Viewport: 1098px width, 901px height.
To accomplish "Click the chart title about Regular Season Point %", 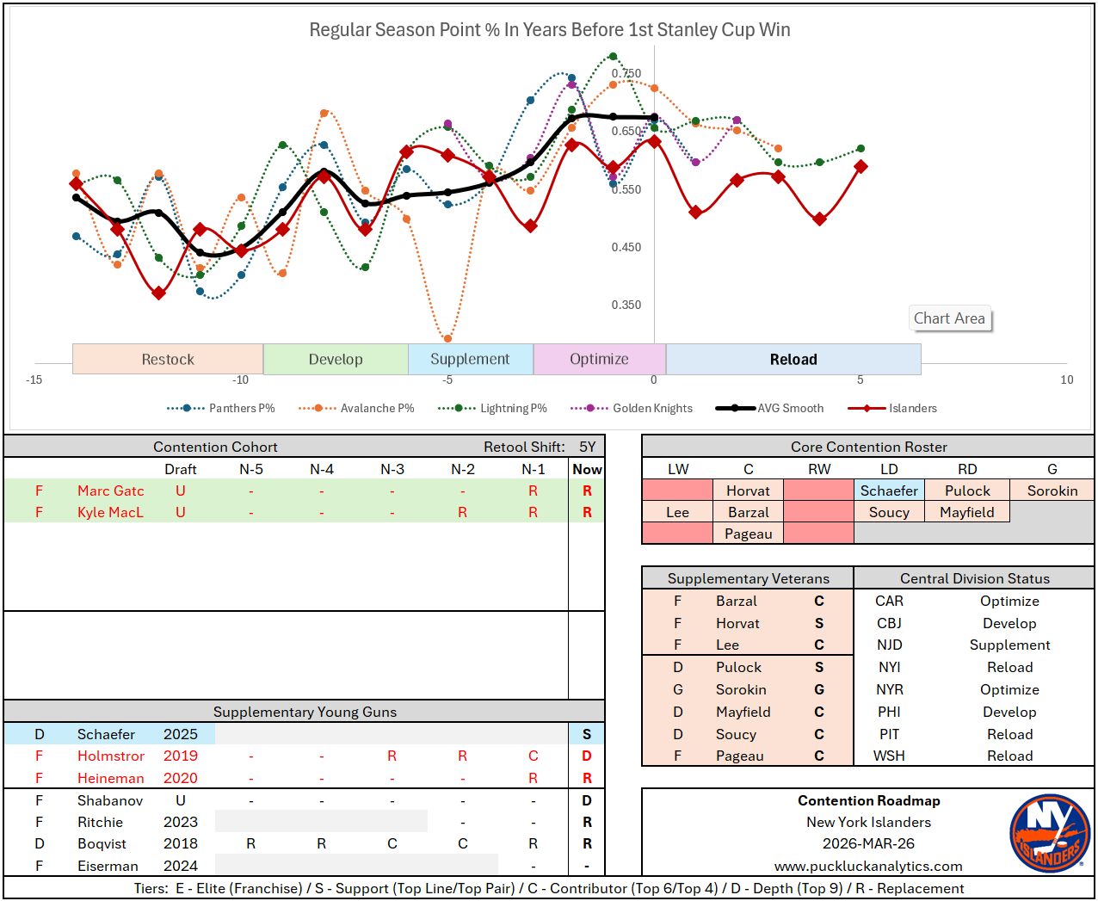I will [x=550, y=30].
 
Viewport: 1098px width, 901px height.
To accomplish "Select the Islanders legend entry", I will [x=911, y=408].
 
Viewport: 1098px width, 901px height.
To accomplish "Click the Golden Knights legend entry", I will [x=651, y=408].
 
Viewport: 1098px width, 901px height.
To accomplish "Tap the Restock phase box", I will [x=168, y=360].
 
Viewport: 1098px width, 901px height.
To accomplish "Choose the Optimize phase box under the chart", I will [x=599, y=360].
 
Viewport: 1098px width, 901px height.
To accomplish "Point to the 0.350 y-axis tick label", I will [x=626, y=305].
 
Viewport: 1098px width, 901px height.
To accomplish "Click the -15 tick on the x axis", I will [x=34, y=380].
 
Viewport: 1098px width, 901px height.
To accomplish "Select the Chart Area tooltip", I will [x=949, y=318].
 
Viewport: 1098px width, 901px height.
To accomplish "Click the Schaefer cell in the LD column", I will [x=889, y=491].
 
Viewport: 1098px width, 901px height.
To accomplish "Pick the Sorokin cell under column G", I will [x=1052, y=491].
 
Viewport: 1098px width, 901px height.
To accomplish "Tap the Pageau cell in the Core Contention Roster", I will [x=748, y=534].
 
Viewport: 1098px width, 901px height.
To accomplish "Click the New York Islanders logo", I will [x=1049, y=833].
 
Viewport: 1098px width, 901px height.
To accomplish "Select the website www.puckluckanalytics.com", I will [x=868, y=866].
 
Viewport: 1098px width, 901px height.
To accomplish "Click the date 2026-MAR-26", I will [x=868, y=843].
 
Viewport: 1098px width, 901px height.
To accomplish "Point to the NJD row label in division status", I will [x=889, y=645].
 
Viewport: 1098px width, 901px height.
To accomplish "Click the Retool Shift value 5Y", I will [x=587, y=447].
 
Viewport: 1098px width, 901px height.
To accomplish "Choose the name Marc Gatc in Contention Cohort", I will [x=111, y=491].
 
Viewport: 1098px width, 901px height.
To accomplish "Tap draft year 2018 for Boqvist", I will [x=181, y=843].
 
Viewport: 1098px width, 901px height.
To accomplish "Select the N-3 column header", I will [x=392, y=469].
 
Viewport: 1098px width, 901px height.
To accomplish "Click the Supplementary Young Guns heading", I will [x=305, y=712].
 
